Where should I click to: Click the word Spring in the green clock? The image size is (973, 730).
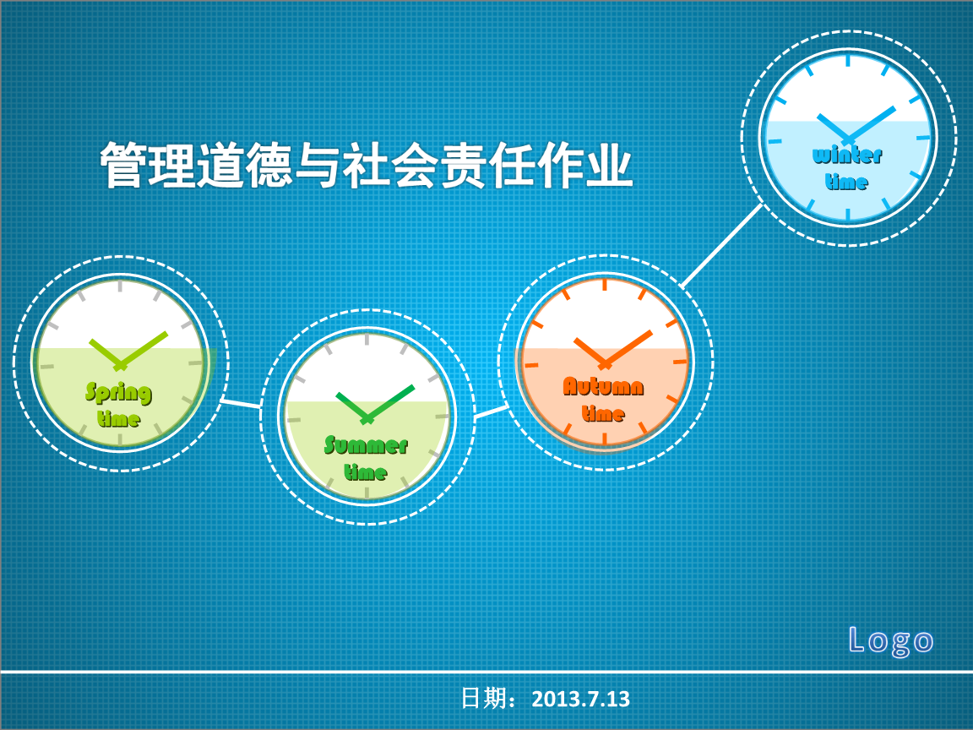point(118,392)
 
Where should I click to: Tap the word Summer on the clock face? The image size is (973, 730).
point(366,444)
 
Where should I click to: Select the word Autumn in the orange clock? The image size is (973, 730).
point(603,387)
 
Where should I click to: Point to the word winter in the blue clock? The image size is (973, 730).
point(847,155)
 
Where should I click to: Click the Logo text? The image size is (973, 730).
point(890,640)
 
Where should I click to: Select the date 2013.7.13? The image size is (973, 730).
point(580,699)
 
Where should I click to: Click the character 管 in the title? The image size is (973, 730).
point(123,166)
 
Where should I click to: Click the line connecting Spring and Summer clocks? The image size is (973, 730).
point(241,404)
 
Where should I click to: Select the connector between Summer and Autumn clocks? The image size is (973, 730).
point(491,411)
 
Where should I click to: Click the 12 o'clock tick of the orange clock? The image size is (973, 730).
point(605,285)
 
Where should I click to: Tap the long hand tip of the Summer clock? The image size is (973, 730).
point(413,387)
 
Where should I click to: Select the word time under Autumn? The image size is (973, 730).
point(603,413)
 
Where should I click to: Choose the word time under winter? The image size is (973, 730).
point(846,182)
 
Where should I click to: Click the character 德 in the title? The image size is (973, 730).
point(269,166)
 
